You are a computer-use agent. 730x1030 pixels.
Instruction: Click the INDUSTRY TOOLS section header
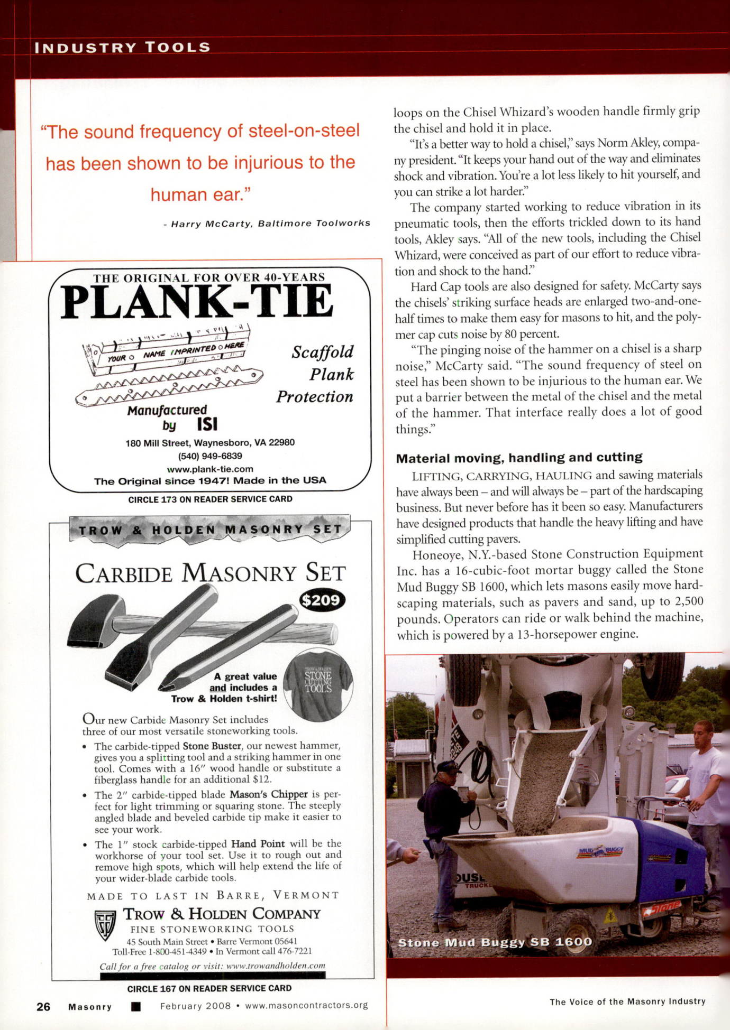(122, 48)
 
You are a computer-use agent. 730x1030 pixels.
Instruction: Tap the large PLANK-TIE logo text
(197, 302)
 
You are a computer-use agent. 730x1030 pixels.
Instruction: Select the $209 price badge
(322, 600)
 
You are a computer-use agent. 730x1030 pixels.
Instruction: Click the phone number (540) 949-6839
(210, 456)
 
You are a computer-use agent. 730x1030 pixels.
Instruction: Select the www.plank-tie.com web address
(210, 469)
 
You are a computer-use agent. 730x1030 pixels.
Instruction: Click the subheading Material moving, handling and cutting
(519, 458)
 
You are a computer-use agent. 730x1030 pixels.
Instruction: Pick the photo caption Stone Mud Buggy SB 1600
(495, 942)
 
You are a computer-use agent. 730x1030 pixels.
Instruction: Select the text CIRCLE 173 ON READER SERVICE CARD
(210, 499)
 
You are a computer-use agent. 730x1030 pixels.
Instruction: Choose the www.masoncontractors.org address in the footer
(306, 1006)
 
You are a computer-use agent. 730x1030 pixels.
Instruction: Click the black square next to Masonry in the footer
(136, 1006)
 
